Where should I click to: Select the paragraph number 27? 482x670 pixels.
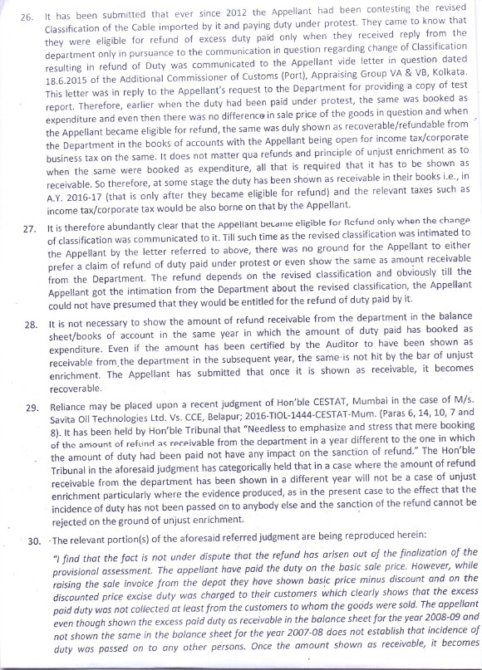point(29,226)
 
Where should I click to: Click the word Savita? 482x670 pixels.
point(73,423)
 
